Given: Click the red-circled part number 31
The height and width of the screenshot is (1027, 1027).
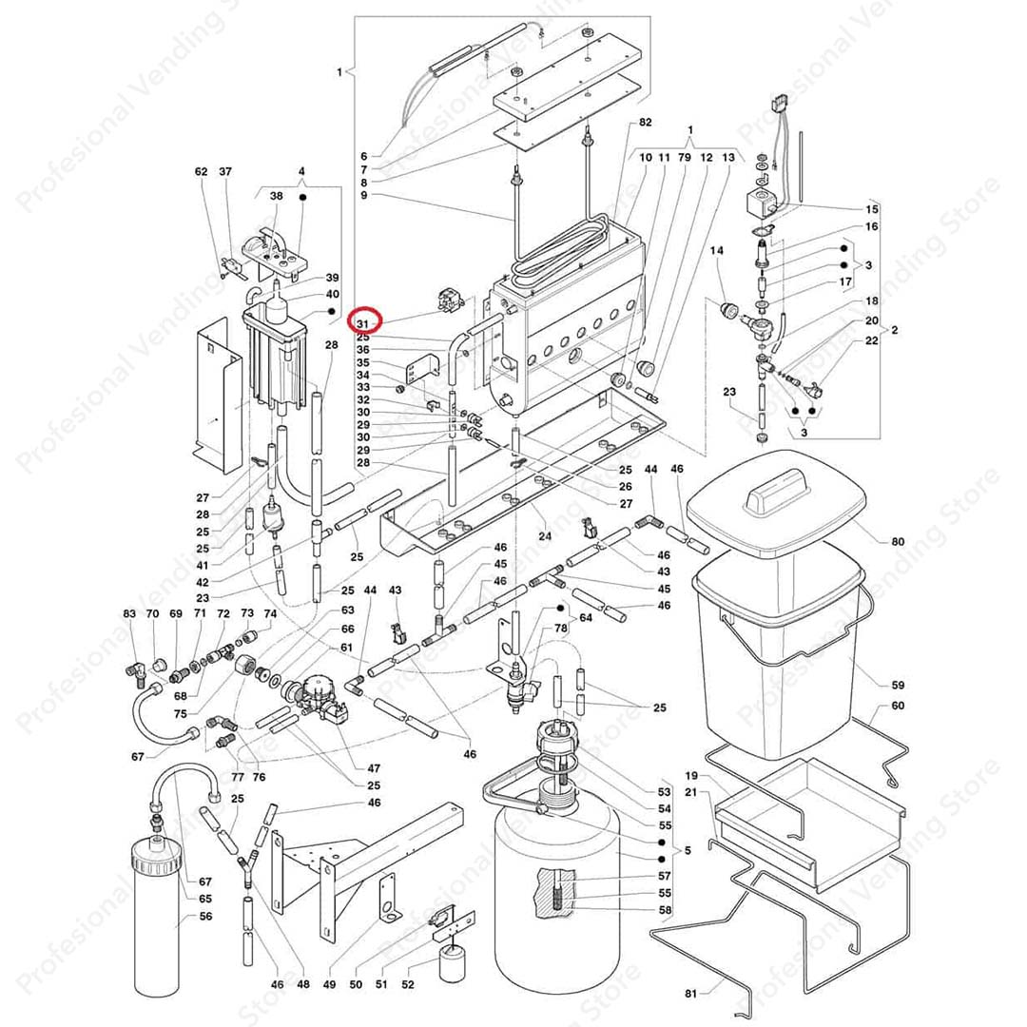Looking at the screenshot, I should pyautogui.click(x=363, y=323).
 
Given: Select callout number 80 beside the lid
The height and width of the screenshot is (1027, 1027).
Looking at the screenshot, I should pyautogui.click(x=898, y=542).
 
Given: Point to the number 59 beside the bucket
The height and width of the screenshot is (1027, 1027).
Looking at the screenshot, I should pyautogui.click(x=898, y=685).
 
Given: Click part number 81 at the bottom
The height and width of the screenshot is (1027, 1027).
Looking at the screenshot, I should pyautogui.click(x=691, y=994).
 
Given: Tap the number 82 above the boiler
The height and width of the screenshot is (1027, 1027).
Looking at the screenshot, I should pyautogui.click(x=646, y=124).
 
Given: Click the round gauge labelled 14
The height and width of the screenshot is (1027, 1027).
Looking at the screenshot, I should pyautogui.click(x=730, y=310).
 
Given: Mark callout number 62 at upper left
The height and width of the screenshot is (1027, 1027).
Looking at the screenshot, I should pyautogui.click(x=201, y=172).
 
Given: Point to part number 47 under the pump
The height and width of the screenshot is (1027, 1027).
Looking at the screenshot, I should pyautogui.click(x=374, y=767).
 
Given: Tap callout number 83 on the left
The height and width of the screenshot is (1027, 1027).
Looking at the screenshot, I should pyautogui.click(x=129, y=614).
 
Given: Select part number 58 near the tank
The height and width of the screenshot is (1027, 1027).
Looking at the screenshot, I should pyautogui.click(x=665, y=910).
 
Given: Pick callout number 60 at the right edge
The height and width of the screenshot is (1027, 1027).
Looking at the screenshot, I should pyautogui.click(x=898, y=707).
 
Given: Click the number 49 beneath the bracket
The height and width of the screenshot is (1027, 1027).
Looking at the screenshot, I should pyautogui.click(x=331, y=984).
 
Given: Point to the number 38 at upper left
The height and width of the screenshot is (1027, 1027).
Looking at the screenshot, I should pyautogui.click(x=277, y=196).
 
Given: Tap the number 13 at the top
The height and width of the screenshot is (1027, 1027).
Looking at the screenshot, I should pyautogui.click(x=728, y=157).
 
